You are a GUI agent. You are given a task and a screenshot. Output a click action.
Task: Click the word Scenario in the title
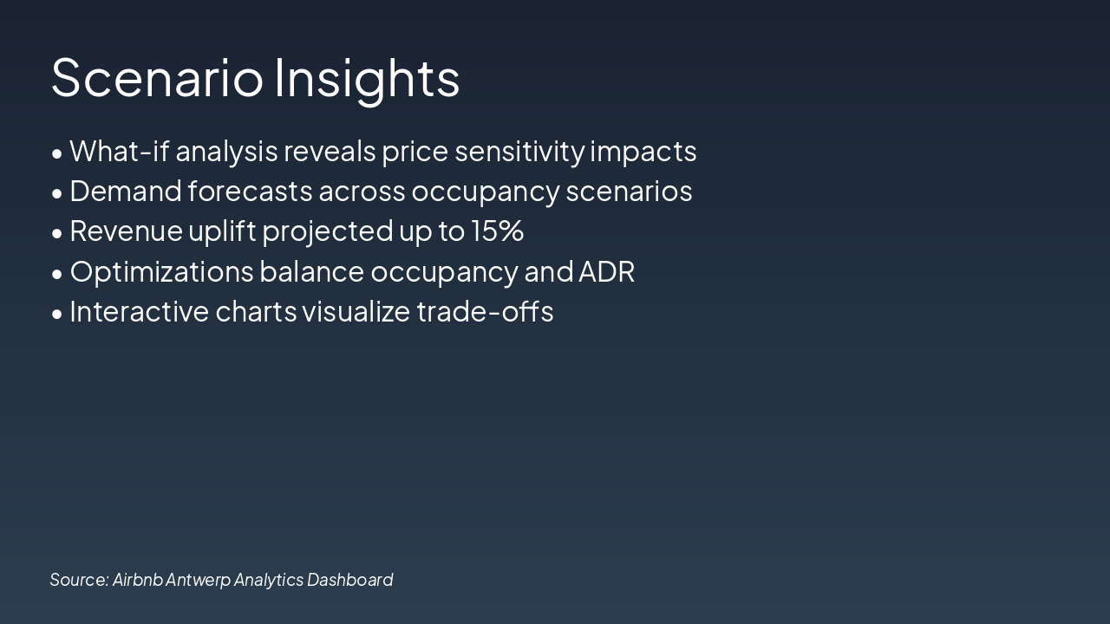coord(157,78)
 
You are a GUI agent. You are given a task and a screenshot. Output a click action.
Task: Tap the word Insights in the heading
coord(367,81)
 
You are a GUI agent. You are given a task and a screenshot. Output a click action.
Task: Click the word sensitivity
coord(519,153)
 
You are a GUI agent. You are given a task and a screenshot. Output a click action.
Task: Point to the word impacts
coord(643,153)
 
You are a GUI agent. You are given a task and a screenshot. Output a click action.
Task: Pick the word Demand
coord(126,192)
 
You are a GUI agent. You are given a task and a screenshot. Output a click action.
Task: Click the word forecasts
coord(251,192)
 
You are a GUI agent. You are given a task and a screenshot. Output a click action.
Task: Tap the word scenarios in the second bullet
coord(629,192)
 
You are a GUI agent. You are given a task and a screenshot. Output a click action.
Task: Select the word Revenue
coord(126,231)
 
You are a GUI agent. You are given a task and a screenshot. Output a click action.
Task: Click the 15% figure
coord(497,231)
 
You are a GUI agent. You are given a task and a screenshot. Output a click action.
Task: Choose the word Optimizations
coord(161,273)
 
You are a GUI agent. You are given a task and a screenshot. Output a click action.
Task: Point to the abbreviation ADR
coord(606,272)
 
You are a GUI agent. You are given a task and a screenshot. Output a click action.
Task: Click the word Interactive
coord(140,312)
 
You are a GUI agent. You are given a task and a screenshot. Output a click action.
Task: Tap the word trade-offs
coord(485,312)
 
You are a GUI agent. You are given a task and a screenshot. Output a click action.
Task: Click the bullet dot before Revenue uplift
coord(57,233)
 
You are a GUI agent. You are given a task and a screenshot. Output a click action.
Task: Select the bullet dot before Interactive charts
coord(57,314)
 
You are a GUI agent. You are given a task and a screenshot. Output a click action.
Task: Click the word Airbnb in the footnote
coord(137,580)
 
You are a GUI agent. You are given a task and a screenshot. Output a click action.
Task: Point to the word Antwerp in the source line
coord(198,581)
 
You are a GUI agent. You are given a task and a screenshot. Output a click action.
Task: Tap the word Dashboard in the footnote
coord(349,580)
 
